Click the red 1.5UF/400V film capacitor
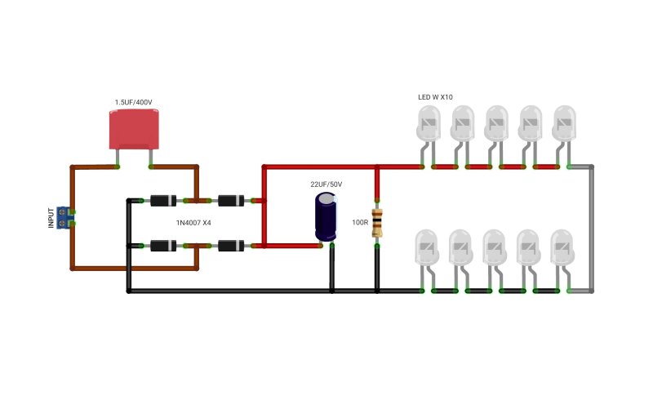click(x=134, y=129)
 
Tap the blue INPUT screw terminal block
click(x=64, y=217)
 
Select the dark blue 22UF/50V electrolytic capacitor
click(x=326, y=216)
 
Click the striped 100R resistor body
click(x=377, y=223)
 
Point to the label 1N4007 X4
click(x=193, y=223)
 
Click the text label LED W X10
click(x=435, y=97)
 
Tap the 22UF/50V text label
click(x=326, y=184)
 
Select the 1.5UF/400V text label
click(x=134, y=102)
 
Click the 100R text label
click(x=360, y=223)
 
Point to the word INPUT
click(x=51, y=218)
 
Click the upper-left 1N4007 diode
click(x=163, y=201)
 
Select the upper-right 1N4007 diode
click(x=231, y=201)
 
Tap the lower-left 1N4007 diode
click(x=163, y=246)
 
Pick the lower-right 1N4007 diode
click(x=231, y=246)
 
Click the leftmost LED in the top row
click(x=428, y=123)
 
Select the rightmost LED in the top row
click(x=564, y=123)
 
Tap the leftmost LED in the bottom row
click(x=427, y=247)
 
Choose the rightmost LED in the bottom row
click(x=562, y=247)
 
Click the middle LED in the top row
click(x=496, y=123)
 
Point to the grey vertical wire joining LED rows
click(x=592, y=229)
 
